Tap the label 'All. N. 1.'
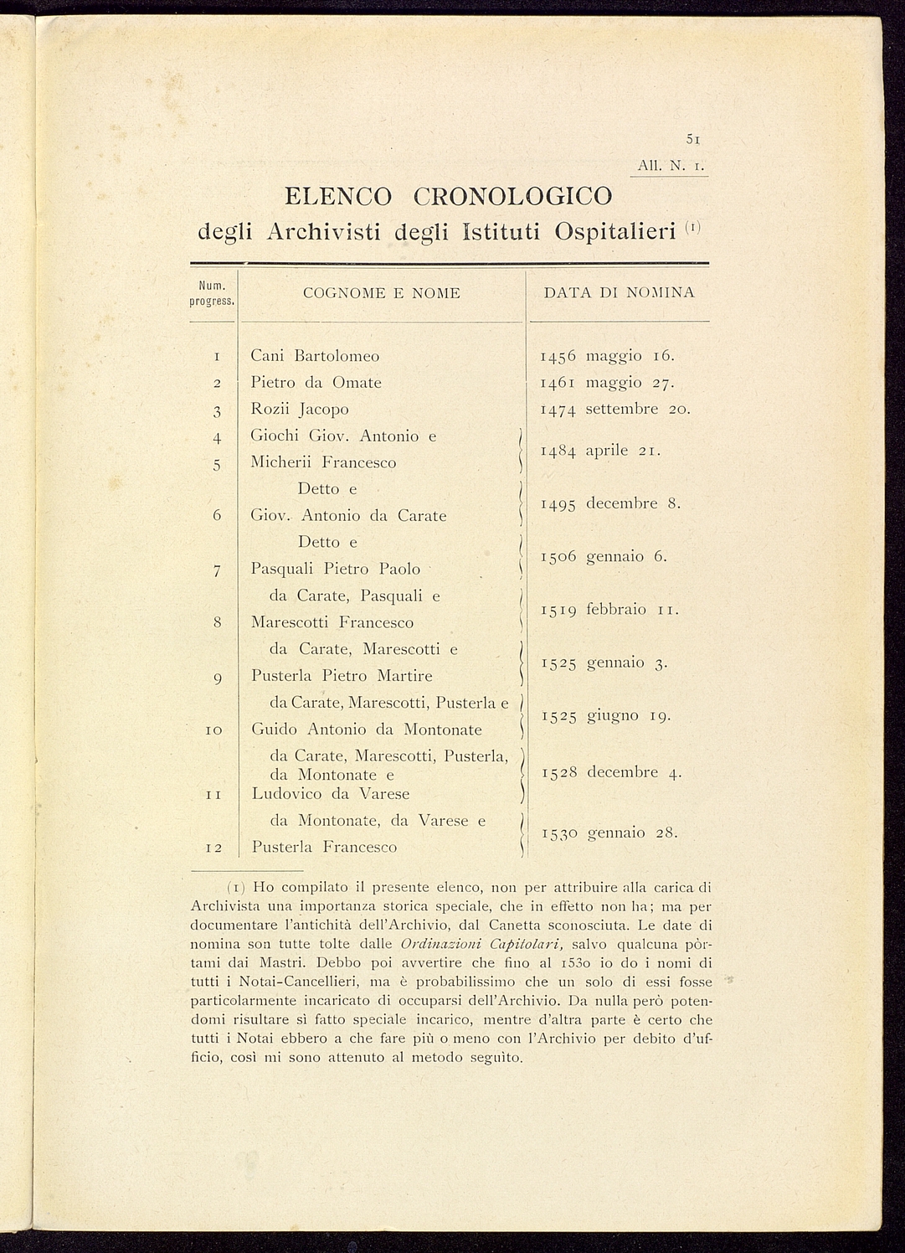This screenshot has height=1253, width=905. click(x=671, y=167)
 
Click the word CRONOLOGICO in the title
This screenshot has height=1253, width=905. click(x=513, y=197)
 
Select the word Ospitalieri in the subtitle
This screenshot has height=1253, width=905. click(x=614, y=231)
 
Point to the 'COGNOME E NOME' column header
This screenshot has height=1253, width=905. click(x=381, y=293)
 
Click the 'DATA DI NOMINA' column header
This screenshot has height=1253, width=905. click(x=619, y=293)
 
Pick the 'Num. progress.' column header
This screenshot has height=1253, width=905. click(x=215, y=293)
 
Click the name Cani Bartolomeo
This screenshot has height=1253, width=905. click(x=315, y=356)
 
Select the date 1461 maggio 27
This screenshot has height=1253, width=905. click(x=607, y=383)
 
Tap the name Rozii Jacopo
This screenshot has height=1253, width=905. click(x=300, y=410)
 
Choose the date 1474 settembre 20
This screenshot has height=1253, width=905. click(x=615, y=410)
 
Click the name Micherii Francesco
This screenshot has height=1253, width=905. click(x=323, y=462)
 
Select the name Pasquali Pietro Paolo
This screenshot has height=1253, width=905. click(x=335, y=570)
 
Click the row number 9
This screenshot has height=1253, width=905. click(x=217, y=677)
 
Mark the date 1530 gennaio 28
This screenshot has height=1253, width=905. click(x=609, y=833)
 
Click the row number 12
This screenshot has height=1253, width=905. click(x=213, y=848)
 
